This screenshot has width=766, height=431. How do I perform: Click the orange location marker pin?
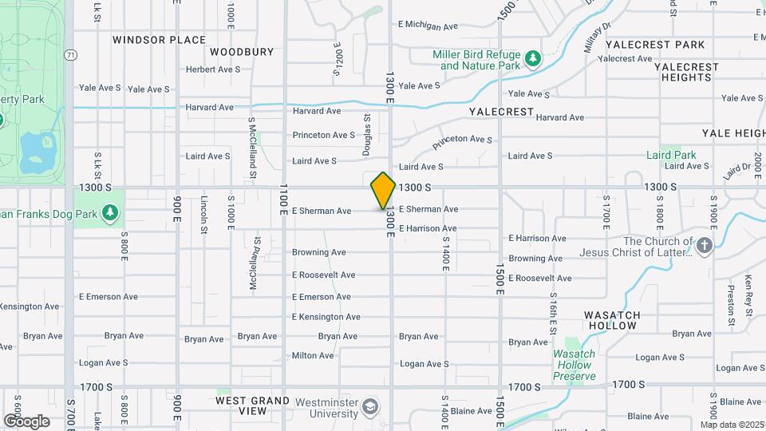(x=383, y=191)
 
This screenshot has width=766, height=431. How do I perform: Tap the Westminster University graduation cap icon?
(x=370, y=407)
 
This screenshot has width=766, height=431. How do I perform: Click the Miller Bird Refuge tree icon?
(x=533, y=59)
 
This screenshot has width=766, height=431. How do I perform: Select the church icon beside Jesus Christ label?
(x=704, y=246)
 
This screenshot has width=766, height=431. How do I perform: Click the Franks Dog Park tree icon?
(x=110, y=213)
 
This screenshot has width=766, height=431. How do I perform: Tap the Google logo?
(x=26, y=421)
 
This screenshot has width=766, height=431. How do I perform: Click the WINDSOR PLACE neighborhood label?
(x=159, y=40)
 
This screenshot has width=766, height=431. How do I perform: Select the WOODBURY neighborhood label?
(x=242, y=52)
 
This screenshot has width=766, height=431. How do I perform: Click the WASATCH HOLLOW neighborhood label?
(x=610, y=320)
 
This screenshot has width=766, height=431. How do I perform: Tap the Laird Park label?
(x=671, y=155)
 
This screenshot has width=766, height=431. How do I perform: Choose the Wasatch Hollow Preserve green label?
(x=574, y=365)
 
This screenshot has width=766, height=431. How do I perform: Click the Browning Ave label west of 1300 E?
(x=318, y=252)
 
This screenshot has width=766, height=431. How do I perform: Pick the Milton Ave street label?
(x=313, y=356)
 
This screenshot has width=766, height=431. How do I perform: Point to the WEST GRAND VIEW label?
(x=253, y=405)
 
